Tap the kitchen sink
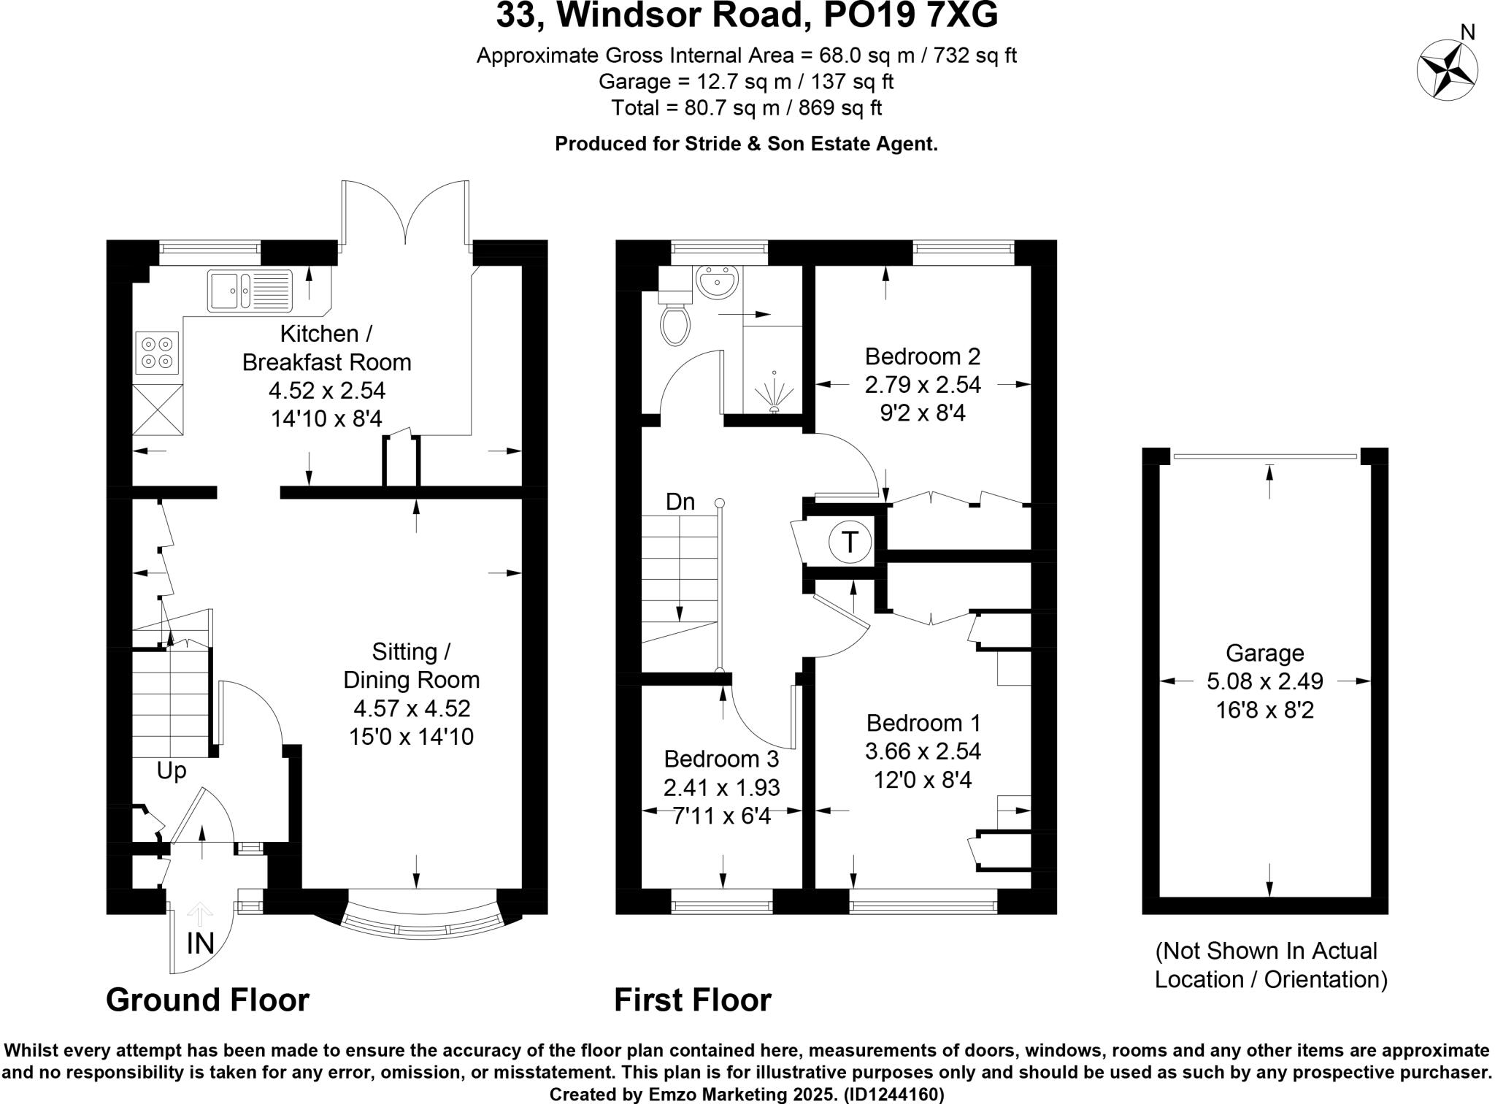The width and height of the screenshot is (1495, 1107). click(x=250, y=290)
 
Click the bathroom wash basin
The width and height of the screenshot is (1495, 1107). click(x=718, y=282)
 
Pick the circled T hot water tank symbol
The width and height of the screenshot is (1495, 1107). click(x=850, y=543)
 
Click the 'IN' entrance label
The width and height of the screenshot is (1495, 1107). click(x=200, y=943)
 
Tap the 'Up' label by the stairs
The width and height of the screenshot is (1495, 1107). click(x=172, y=771)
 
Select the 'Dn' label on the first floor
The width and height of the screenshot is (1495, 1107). click(x=680, y=502)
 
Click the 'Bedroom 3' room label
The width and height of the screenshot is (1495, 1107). click(x=721, y=759)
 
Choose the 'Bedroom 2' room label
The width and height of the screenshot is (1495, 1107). click(x=923, y=356)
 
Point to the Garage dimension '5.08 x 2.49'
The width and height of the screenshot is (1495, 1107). click(x=1264, y=681)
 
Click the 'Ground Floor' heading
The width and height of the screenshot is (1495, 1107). click(x=207, y=1000)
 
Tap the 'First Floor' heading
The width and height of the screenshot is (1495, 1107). click(x=692, y=1000)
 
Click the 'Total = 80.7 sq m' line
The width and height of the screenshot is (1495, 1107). click(x=747, y=108)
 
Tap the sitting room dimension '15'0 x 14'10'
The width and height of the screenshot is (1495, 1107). click(x=411, y=736)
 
